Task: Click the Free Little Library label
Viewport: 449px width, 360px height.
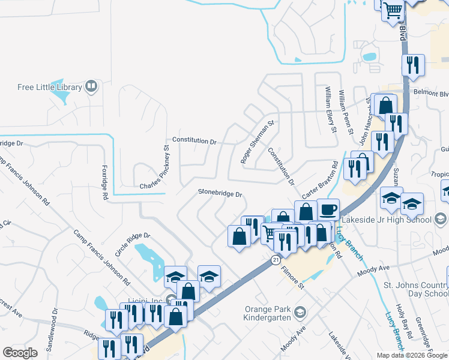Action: click(49, 87)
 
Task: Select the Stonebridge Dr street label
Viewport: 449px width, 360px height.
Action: click(220, 194)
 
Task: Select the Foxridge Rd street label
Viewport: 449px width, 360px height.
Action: click(104, 182)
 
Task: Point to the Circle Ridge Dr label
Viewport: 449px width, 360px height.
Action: click(132, 245)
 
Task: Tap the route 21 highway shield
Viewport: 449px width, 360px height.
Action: click(275, 260)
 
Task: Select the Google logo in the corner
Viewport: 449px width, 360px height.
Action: click(20, 353)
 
